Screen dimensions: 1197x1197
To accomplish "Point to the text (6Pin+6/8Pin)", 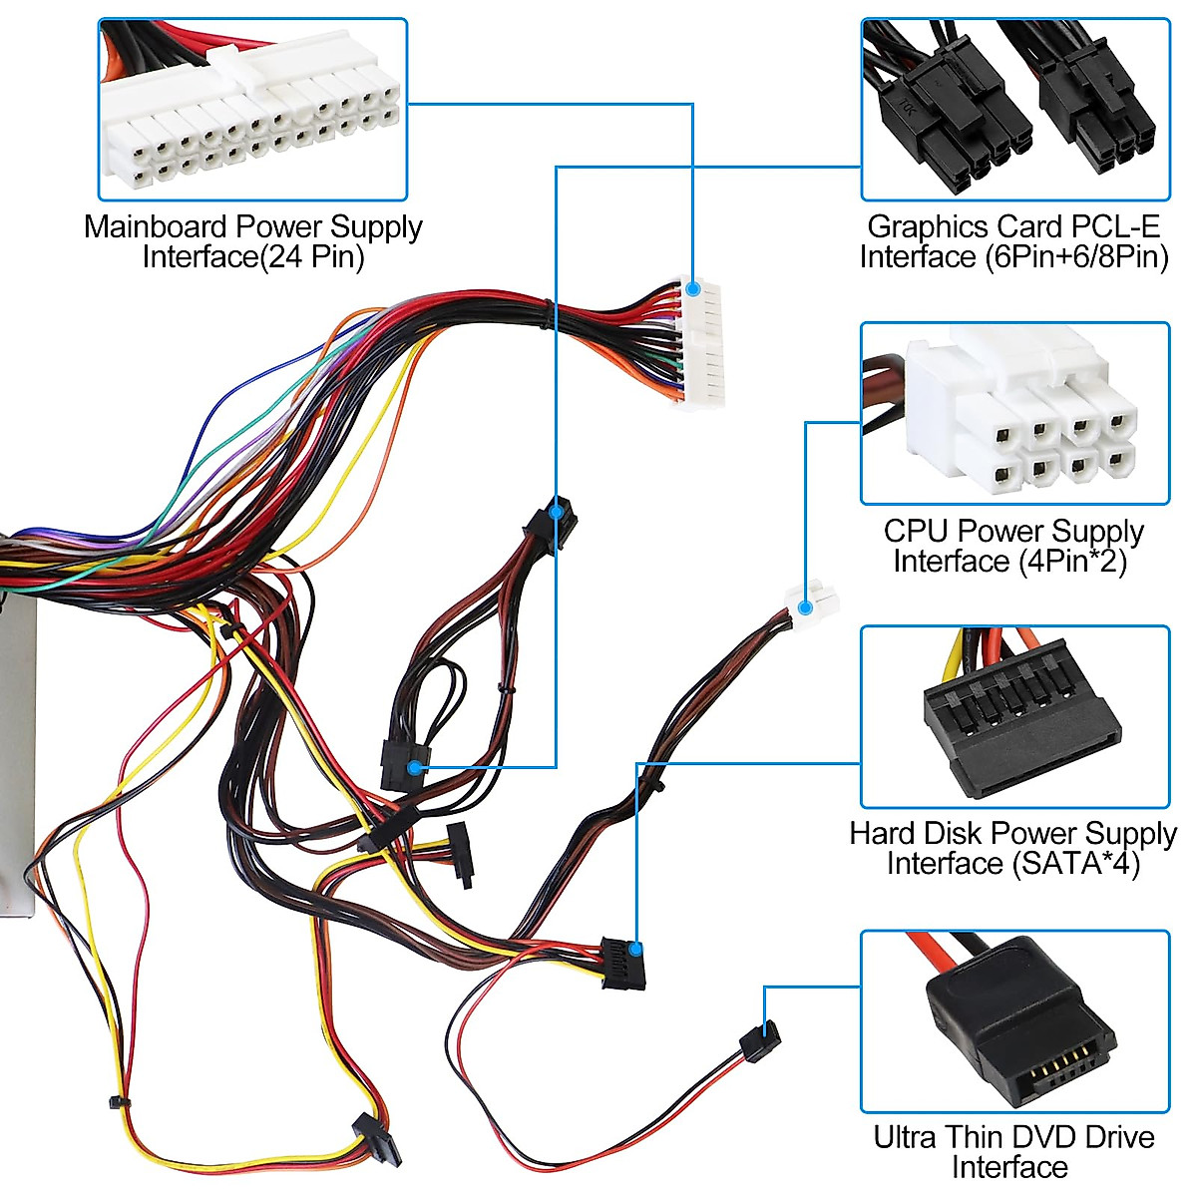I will pos(1076,257).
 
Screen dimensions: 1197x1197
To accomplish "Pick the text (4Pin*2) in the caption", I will pos(1072,561).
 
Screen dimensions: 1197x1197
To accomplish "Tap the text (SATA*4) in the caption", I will pos(1076,863).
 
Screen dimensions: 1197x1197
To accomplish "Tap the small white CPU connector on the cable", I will pos(813,602).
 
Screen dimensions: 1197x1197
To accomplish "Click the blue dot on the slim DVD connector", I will pos(766,1029).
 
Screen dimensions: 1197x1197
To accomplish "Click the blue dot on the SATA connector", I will pos(635,950).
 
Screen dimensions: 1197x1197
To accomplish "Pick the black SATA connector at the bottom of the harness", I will pos(377,1140).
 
